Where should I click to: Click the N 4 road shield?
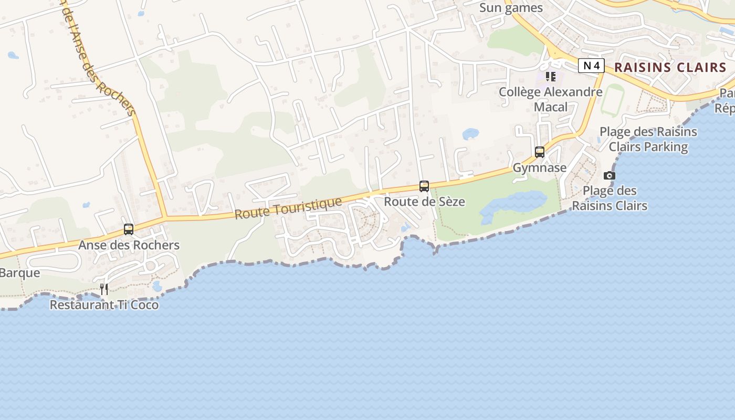(x=591, y=66)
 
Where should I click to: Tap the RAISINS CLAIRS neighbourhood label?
(x=670, y=67)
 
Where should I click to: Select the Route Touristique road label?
(x=288, y=208)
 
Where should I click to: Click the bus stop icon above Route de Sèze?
(x=424, y=186)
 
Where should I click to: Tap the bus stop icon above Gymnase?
(x=540, y=152)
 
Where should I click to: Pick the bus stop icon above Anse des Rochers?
(x=129, y=229)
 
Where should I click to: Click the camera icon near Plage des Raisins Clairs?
(x=610, y=175)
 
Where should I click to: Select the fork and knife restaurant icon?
(x=104, y=289)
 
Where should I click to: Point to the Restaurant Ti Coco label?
(x=104, y=304)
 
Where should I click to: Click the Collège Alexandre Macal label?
(x=551, y=99)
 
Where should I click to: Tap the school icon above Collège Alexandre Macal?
(x=551, y=77)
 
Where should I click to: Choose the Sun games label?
(x=511, y=8)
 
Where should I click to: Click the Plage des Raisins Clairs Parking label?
(x=648, y=139)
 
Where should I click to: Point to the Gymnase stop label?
(x=540, y=168)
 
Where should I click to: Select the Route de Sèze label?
(x=424, y=202)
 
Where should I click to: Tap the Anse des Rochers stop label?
(x=129, y=245)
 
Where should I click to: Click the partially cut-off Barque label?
(x=20, y=273)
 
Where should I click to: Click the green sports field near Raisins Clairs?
(x=612, y=100)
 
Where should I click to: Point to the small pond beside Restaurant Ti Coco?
(x=157, y=286)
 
